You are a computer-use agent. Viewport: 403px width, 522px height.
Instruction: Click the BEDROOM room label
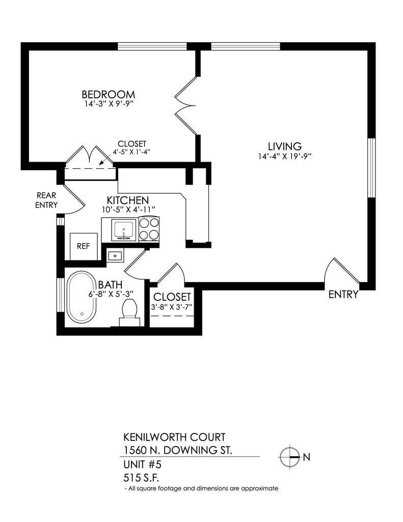tap(108, 95)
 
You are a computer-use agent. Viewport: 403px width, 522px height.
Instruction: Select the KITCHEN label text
tap(127, 200)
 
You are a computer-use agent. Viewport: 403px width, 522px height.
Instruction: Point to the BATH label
tap(110, 284)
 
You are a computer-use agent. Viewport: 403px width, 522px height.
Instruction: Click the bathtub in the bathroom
tap(82, 297)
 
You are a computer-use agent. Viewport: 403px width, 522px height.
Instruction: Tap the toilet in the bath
tap(129, 312)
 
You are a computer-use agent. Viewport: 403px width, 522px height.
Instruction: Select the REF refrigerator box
tap(83, 246)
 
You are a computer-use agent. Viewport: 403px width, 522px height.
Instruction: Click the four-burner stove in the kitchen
tap(149, 229)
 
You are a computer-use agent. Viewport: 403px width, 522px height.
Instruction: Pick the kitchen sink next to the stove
tap(122, 229)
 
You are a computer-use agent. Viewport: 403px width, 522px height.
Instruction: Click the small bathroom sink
tap(116, 255)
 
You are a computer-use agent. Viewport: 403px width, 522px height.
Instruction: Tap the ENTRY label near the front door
tap(343, 295)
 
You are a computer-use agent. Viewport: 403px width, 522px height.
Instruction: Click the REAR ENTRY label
tap(46, 200)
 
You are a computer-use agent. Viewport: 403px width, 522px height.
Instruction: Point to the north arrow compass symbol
tap(289, 456)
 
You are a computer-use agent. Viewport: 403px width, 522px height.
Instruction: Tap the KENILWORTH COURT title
tap(174, 438)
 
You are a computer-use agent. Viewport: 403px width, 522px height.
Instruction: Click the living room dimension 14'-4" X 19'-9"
tap(284, 156)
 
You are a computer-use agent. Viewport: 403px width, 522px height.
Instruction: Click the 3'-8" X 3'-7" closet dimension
tap(172, 307)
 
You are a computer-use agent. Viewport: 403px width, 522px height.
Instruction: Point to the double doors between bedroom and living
tap(185, 106)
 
